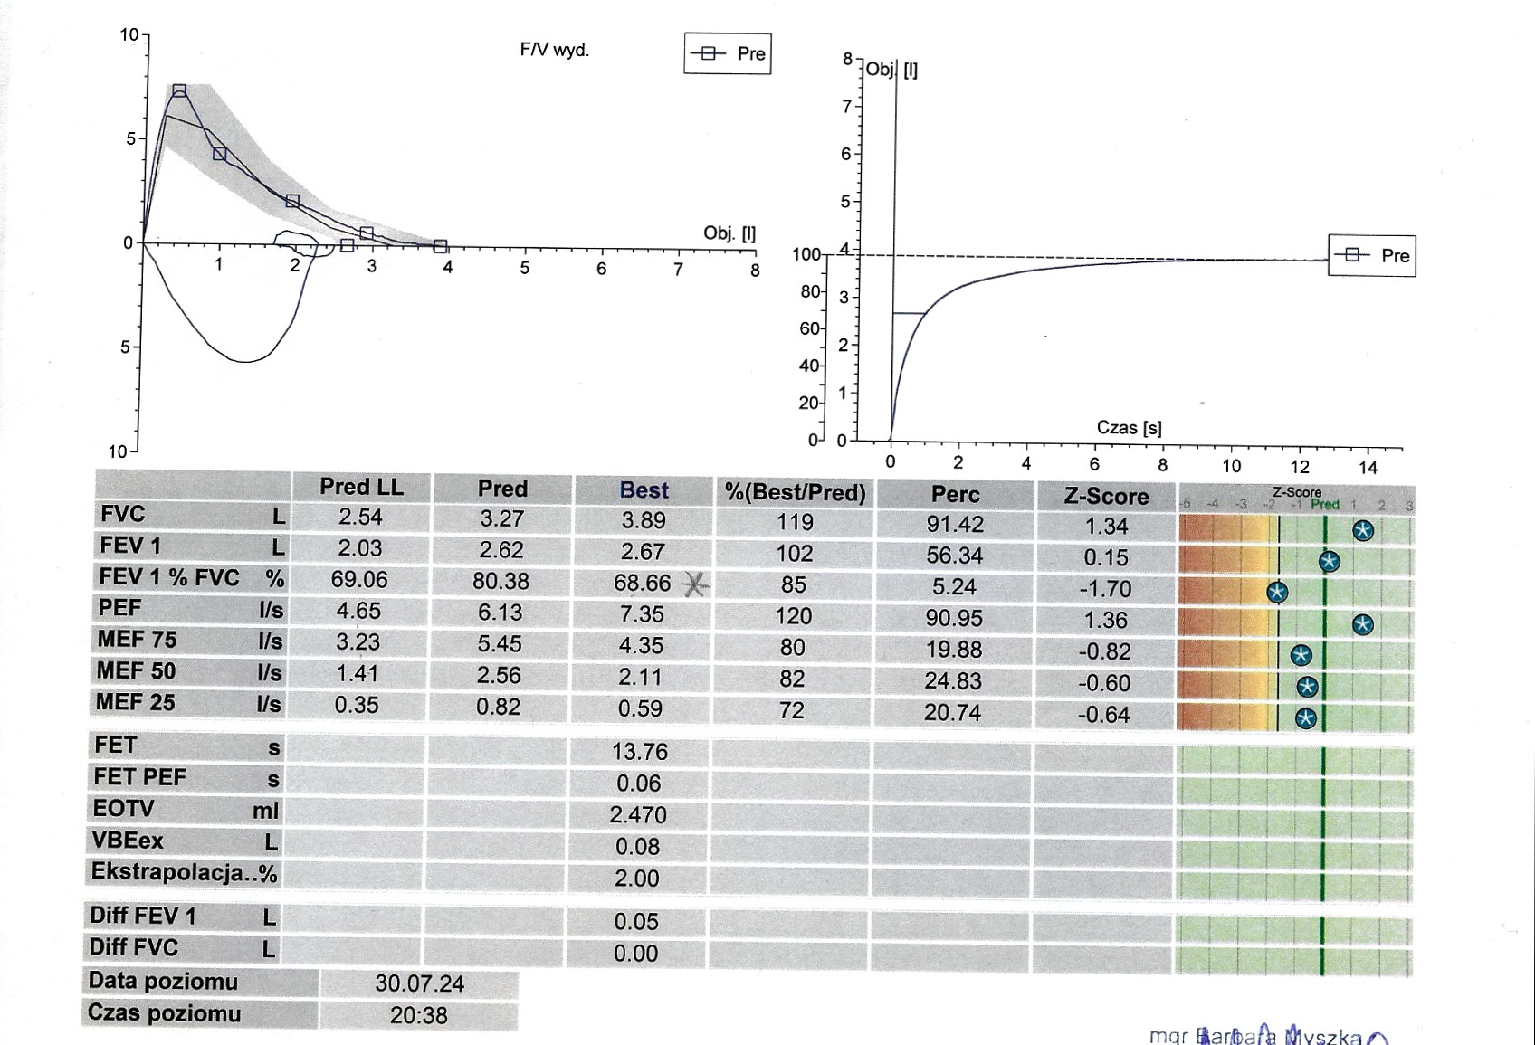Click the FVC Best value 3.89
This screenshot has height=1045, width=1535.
point(643,521)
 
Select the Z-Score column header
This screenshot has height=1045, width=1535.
point(1106,496)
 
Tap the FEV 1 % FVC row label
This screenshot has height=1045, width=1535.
point(169,578)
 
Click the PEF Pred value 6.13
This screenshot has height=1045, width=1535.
point(500,613)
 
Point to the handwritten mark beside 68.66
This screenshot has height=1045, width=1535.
point(695,585)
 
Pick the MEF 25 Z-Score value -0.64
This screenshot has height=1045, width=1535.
point(1103,715)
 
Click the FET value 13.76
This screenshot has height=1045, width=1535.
point(639,752)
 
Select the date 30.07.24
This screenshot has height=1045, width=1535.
point(419,984)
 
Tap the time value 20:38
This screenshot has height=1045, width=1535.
point(418,1016)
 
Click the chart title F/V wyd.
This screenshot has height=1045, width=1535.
point(554,50)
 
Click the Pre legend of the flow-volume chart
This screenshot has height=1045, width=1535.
point(728,54)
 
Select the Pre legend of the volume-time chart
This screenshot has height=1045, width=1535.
point(1371,256)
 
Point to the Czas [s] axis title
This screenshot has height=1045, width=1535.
point(1129,428)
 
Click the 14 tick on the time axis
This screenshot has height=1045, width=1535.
point(1368,468)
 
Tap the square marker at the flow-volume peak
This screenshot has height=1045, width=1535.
point(179,90)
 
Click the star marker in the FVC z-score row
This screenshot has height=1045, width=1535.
point(1363,531)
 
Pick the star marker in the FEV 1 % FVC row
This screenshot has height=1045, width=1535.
point(1277,593)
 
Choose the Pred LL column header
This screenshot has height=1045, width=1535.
point(361,488)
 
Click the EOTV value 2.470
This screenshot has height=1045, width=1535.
point(638,815)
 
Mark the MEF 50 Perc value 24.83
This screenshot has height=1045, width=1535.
point(953,681)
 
